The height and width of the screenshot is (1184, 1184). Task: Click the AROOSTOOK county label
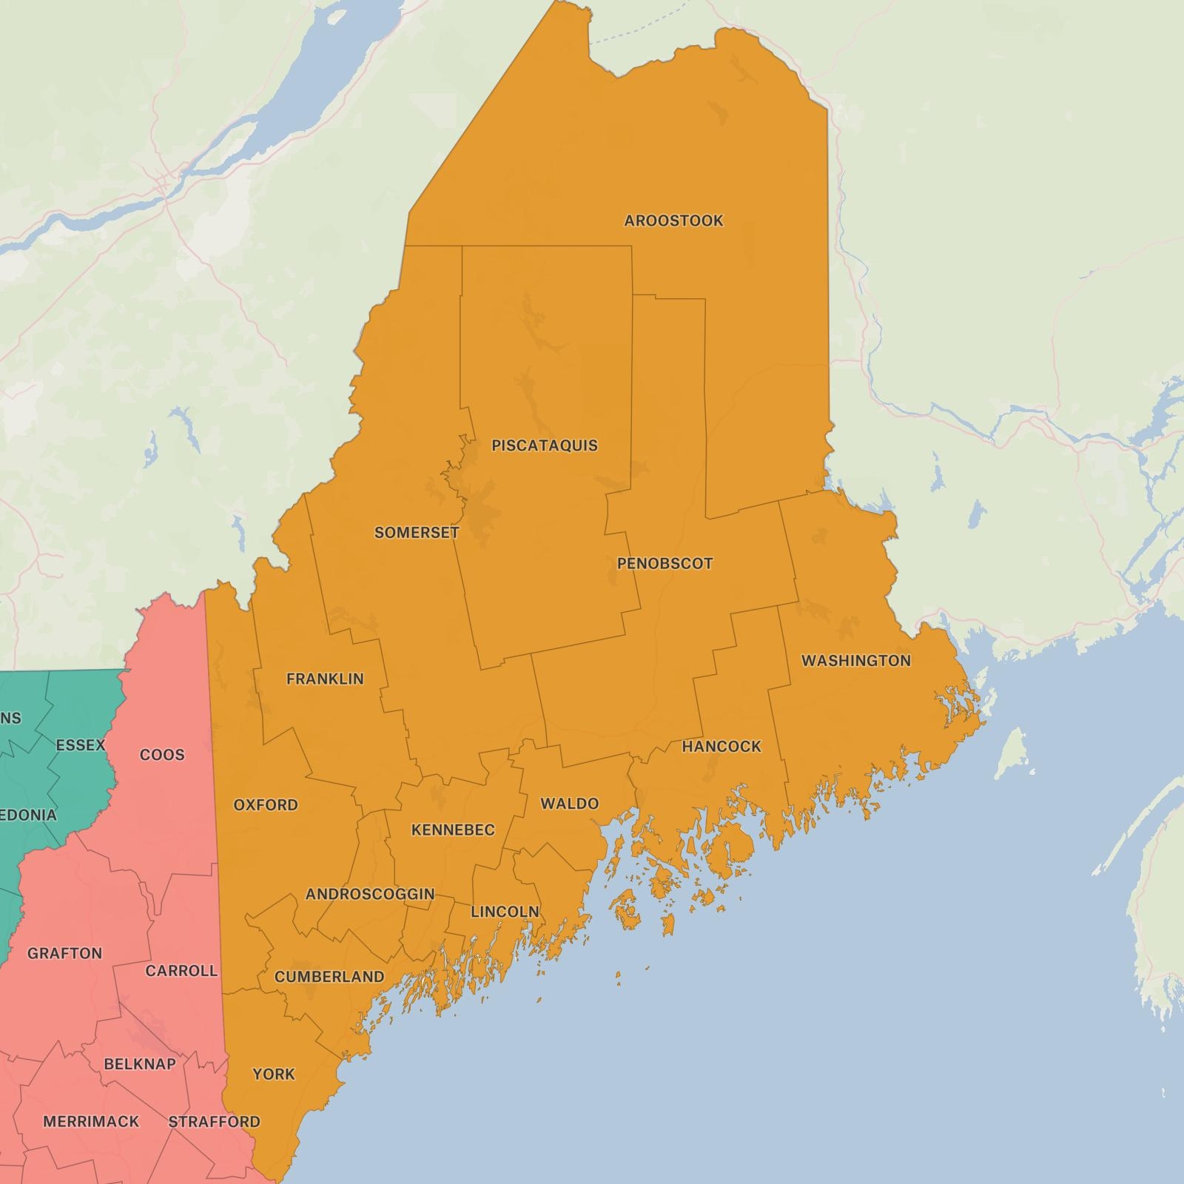click(x=673, y=221)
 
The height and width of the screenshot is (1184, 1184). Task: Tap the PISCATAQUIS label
click(x=545, y=445)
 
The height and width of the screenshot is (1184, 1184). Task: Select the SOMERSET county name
click(x=417, y=533)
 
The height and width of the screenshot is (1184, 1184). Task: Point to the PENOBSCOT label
click(x=665, y=564)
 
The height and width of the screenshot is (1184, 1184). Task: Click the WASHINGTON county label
click(x=855, y=661)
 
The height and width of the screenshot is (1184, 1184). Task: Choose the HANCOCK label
click(x=721, y=747)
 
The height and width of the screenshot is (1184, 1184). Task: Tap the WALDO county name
click(x=569, y=804)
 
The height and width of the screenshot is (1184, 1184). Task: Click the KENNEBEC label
click(x=453, y=830)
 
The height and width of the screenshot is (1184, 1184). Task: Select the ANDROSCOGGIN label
click(x=370, y=894)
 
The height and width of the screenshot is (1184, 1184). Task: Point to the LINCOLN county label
click(x=505, y=912)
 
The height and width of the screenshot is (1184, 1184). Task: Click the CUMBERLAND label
click(x=329, y=977)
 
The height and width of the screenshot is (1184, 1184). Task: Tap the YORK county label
click(x=274, y=1074)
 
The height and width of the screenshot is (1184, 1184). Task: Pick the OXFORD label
click(x=266, y=805)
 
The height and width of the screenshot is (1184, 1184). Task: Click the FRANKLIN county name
click(x=325, y=679)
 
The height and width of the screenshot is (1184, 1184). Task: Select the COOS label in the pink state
click(x=162, y=755)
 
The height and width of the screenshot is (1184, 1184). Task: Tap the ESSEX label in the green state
click(x=81, y=745)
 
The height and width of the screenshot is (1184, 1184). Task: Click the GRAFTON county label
click(x=64, y=953)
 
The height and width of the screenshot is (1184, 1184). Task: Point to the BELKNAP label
click(x=140, y=1064)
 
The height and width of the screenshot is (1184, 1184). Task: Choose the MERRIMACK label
click(x=91, y=1122)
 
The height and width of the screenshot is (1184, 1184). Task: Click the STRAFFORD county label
click(x=215, y=1122)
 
